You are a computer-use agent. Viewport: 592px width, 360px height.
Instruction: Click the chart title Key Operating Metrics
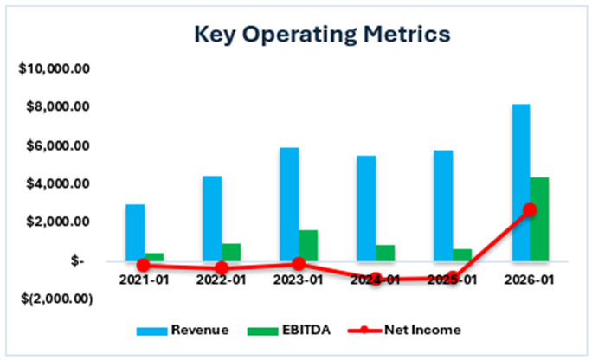pyautogui.click(x=322, y=35)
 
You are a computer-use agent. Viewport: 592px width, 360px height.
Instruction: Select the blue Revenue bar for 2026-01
pyautogui.click(x=521, y=182)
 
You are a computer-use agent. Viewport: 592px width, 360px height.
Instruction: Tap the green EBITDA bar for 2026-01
pyautogui.click(x=539, y=218)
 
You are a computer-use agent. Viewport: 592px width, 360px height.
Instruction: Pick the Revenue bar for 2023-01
pyautogui.click(x=290, y=203)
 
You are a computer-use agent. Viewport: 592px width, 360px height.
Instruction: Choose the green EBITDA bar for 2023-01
pyautogui.click(x=308, y=245)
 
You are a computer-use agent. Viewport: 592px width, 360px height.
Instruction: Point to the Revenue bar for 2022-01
pyautogui.click(x=212, y=218)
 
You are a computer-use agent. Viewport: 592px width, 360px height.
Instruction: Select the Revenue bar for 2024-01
pyautogui.click(x=366, y=208)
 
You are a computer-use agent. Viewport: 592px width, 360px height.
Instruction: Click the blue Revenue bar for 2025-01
pyautogui.click(x=444, y=205)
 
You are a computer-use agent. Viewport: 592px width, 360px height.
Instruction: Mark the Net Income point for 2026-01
pyautogui.click(x=530, y=209)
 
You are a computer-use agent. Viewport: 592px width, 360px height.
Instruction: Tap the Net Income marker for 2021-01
pyautogui.click(x=144, y=265)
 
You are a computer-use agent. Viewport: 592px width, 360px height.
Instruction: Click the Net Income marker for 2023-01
pyautogui.click(x=299, y=263)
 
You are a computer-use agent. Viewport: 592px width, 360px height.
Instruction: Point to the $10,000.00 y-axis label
pyautogui.click(x=56, y=68)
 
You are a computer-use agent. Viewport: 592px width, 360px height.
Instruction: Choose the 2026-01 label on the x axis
pyautogui.click(x=531, y=280)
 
